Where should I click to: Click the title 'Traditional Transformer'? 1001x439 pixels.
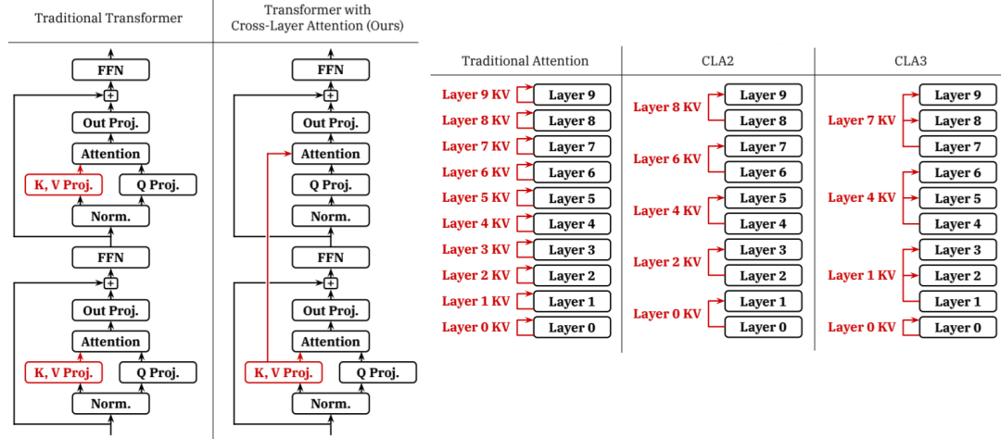pos(108,18)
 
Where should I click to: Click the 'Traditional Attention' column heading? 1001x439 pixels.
pos(525,61)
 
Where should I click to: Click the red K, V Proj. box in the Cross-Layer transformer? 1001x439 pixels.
pos(284,372)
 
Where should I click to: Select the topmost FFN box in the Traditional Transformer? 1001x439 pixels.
pos(111,69)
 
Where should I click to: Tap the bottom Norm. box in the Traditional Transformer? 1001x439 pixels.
pos(111,403)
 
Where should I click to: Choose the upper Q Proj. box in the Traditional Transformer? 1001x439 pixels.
pos(158,184)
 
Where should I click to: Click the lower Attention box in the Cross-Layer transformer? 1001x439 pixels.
pos(331,342)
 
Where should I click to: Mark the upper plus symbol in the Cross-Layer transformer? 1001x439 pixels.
pos(331,95)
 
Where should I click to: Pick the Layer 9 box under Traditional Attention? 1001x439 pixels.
pos(572,95)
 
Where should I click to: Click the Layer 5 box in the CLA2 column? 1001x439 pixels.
pos(764,198)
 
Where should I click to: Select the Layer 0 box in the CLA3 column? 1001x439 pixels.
pos(957,327)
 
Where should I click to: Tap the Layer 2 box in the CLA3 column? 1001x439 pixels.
pos(957,276)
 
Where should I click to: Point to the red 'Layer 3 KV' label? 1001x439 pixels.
pos(475,250)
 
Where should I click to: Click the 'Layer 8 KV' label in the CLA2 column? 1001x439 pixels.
pos(667,107)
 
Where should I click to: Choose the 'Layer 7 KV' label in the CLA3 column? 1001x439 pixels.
pos(862,120)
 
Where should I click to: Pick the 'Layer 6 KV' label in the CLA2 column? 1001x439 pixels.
pos(667,159)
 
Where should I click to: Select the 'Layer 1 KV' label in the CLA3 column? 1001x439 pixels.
pos(862,276)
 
